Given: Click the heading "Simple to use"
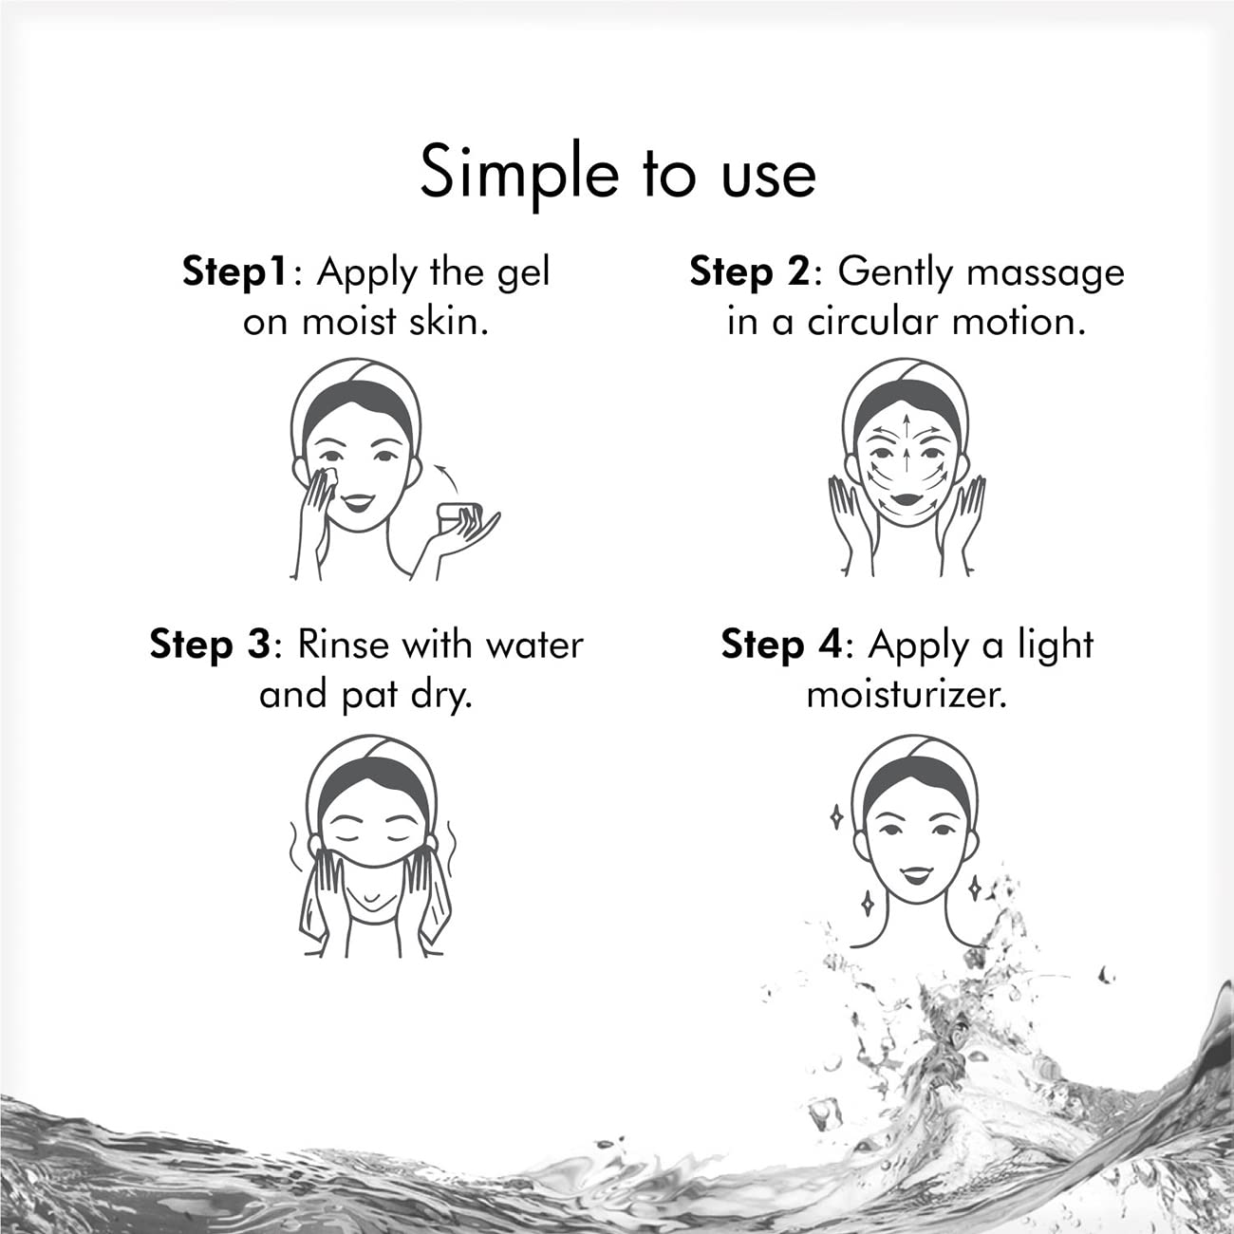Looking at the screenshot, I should point(618,172).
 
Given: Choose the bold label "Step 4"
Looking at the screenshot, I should point(780,645).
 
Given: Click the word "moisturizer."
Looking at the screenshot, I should point(906,696).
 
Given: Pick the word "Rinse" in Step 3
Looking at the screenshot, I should point(345,645).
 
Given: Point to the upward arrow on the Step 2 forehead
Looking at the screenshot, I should point(909,423).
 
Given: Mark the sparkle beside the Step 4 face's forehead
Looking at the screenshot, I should point(835,815).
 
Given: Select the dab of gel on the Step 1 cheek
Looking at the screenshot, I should point(331,474).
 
